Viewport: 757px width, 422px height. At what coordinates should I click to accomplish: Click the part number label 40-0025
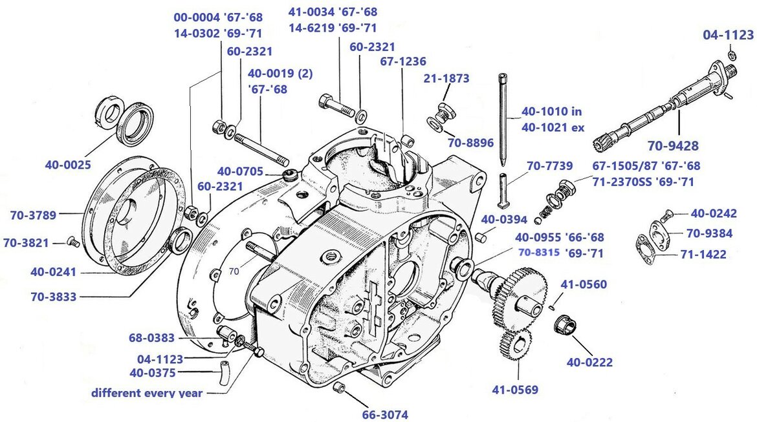tap(68, 165)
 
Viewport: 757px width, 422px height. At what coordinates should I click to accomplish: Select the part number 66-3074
tap(385, 414)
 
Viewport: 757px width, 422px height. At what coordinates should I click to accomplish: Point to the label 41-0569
tap(515, 390)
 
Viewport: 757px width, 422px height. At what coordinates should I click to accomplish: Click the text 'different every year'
tap(146, 392)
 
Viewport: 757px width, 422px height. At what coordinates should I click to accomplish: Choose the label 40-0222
tap(589, 363)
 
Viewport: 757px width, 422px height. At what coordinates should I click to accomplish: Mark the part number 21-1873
tap(446, 78)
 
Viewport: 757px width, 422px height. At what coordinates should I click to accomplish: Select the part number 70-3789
tap(33, 214)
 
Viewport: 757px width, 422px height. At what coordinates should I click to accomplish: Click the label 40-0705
tap(240, 171)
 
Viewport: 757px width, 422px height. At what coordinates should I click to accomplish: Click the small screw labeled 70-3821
tap(73, 242)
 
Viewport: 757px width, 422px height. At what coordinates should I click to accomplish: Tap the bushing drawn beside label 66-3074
tap(339, 388)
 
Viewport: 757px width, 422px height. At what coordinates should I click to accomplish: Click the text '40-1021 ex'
tap(553, 127)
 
